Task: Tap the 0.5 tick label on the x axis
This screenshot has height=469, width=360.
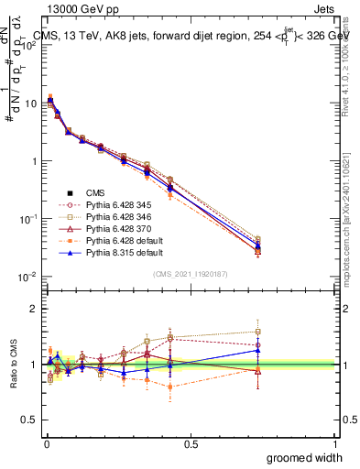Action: [191, 443]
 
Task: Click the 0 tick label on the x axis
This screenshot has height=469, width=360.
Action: [46, 443]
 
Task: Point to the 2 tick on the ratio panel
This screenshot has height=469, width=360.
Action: [34, 309]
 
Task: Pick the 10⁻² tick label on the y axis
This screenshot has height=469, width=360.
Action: [28, 277]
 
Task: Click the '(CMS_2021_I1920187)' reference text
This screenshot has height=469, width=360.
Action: [191, 274]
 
